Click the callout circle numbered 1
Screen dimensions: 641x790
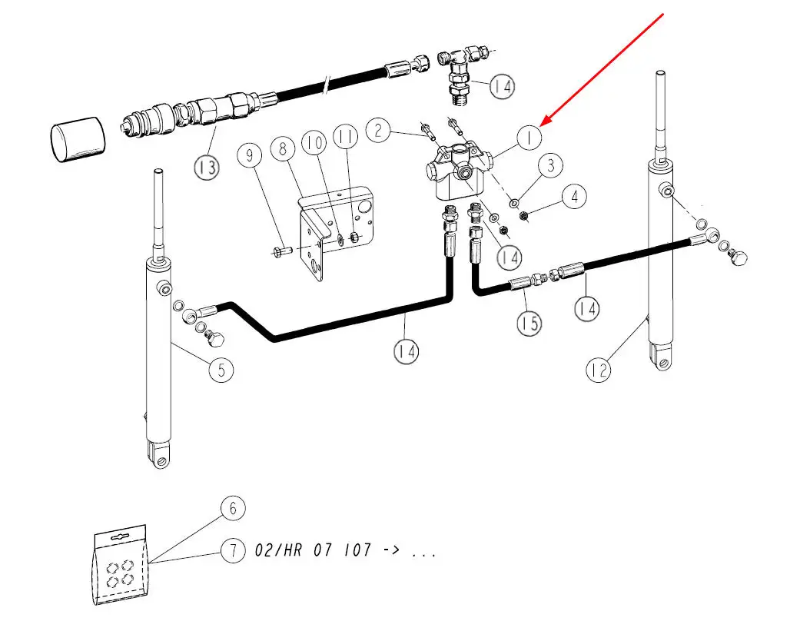point(529,138)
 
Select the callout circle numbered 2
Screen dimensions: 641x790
point(377,130)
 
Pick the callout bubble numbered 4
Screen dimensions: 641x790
point(573,196)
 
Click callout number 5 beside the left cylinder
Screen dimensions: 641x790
point(221,370)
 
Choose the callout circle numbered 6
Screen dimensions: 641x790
point(233,508)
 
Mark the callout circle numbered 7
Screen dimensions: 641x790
point(233,550)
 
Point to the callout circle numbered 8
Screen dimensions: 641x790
point(283,149)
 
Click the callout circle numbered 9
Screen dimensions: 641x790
point(250,156)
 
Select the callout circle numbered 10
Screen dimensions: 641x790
point(314,143)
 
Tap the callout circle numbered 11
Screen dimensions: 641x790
point(346,138)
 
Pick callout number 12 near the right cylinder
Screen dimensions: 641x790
point(599,370)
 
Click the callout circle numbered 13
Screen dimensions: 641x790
point(207,168)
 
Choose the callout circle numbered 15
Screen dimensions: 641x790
point(529,324)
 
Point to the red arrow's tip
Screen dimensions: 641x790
point(543,125)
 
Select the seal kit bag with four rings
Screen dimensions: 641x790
point(122,566)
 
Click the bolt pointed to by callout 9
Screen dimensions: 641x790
point(280,250)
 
